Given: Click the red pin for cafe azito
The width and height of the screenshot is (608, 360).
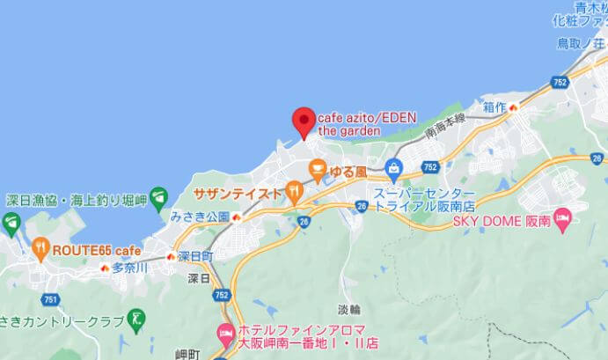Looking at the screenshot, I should (x=304, y=121).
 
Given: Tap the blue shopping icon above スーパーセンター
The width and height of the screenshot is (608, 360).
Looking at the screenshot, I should (x=393, y=166).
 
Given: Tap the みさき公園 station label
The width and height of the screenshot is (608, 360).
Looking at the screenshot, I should (x=200, y=217).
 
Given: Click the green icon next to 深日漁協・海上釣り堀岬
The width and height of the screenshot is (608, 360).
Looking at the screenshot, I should (x=158, y=195).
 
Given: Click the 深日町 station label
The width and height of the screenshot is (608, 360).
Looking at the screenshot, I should (x=195, y=256).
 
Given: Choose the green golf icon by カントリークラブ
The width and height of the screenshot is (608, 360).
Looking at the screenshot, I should (x=136, y=317).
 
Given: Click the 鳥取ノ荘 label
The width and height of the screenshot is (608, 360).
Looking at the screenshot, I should (x=578, y=41).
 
